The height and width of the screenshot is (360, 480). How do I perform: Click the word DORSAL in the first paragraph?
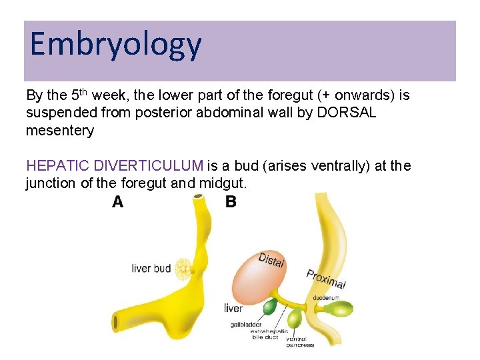(347, 113)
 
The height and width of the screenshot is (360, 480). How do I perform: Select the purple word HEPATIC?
(58, 165)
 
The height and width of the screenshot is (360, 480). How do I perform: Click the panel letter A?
(117, 202)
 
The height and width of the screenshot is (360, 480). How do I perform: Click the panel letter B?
(231, 202)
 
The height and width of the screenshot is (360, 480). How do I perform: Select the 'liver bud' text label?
(151, 269)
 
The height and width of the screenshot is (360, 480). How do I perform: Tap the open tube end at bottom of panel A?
(118, 323)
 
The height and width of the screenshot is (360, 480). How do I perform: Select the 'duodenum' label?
(326, 297)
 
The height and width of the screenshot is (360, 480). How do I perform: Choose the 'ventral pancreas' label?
(300, 341)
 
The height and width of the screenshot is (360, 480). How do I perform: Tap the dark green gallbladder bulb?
(269, 307)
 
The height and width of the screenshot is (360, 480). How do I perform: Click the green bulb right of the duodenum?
(341, 308)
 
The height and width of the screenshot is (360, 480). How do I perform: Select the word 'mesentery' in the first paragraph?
(60, 131)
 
